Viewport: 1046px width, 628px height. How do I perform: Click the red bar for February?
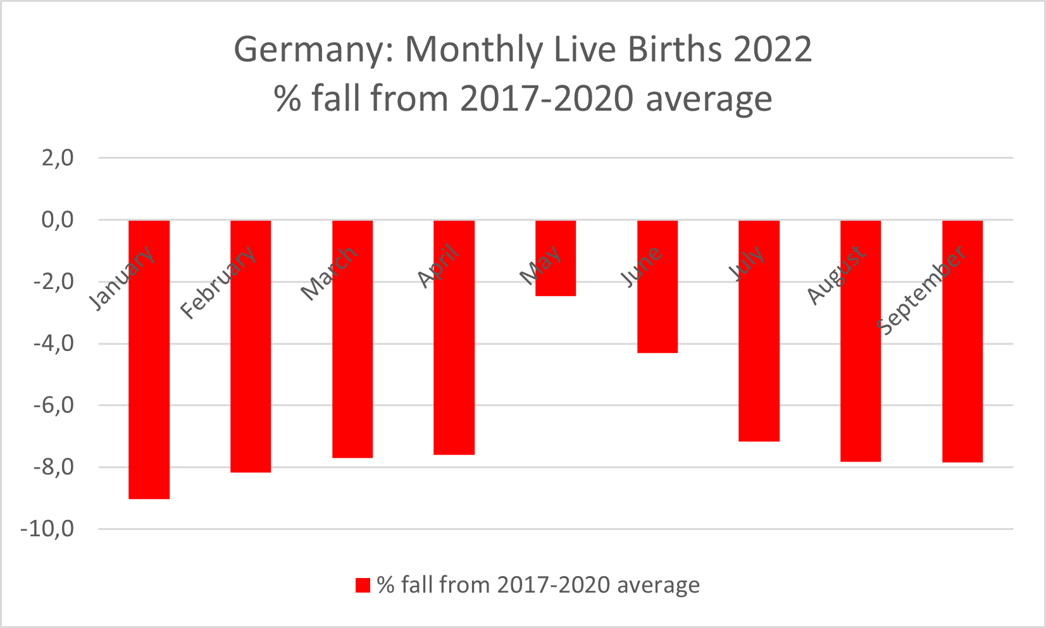click(251, 379)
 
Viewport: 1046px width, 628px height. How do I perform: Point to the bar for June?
click(657, 316)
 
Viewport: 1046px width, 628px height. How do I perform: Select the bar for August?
click(861, 379)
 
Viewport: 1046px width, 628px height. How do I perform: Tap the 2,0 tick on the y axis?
click(58, 157)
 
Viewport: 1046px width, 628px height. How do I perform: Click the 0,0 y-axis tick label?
click(58, 219)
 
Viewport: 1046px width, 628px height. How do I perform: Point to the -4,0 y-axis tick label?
click(53, 343)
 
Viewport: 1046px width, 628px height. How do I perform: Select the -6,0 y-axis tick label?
click(53, 405)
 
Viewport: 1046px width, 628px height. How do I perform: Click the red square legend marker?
click(363, 586)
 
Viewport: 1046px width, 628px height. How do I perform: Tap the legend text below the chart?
click(538, 586)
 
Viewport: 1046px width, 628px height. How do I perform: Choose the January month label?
click(121, 278)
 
